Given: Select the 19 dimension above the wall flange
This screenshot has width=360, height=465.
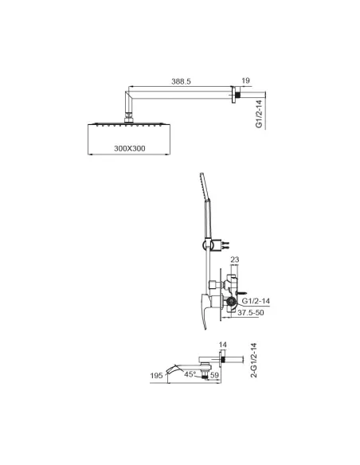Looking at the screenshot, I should pyautogui.click(x=245, y=80).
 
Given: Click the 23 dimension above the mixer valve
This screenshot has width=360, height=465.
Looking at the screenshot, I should pyautogui.click(x=234, y=260).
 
